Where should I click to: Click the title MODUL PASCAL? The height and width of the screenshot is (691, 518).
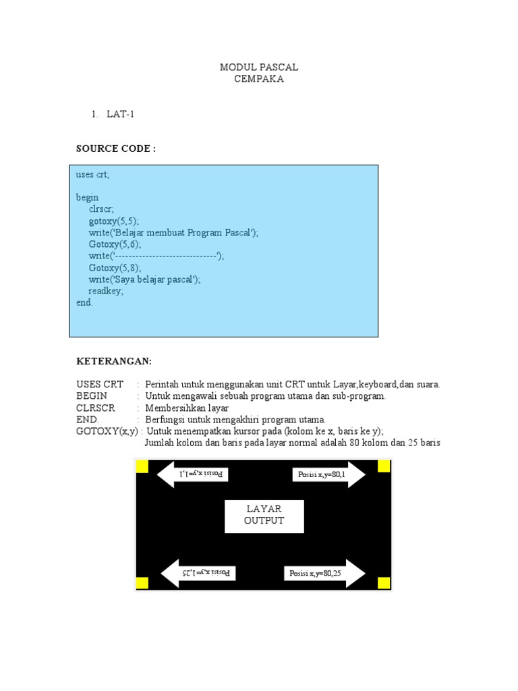point(259,67)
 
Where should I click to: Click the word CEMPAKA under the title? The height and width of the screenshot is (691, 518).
point(259,79)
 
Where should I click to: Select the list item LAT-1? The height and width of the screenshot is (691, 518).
point(120,114)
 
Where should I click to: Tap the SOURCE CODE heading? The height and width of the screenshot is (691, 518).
point(115,148)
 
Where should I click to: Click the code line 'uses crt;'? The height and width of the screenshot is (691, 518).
point(92,175)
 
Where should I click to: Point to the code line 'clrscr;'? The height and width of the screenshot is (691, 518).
point(101,209)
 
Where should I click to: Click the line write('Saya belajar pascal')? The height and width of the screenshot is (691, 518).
point(144,279)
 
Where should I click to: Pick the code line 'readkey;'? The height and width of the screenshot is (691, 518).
point(106,291)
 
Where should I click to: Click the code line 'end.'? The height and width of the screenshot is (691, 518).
point(84,303)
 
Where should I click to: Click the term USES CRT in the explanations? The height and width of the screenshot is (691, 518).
point(100,385)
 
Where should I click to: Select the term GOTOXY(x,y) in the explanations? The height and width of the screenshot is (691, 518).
point(107,431)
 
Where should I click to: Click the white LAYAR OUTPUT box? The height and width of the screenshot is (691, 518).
point(264,516)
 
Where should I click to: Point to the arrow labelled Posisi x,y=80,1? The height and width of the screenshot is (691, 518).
point(328,475)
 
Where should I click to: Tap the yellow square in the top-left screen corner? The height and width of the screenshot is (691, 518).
point(142,466)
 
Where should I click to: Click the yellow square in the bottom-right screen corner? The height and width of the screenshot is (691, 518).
point(384,584)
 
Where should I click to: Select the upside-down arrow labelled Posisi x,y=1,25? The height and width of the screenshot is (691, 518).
point(198,574)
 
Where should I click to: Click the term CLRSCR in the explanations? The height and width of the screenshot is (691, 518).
point(96,408)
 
